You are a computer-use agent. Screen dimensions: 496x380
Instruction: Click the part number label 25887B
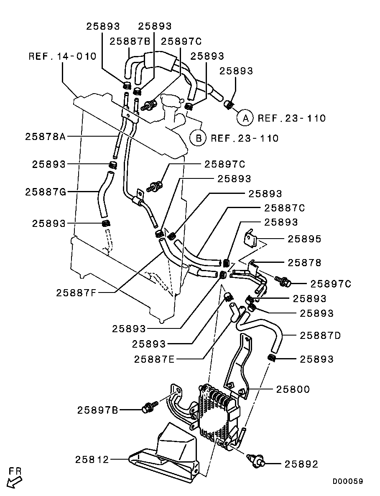[x=130, y=41]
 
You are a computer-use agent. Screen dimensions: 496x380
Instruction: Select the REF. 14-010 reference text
[x=62, y=56]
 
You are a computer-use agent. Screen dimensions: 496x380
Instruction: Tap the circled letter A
[x=245, y=118]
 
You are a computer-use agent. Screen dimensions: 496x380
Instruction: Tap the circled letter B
[x=198, y=138]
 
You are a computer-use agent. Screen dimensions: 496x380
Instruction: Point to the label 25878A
[x=45, y=136]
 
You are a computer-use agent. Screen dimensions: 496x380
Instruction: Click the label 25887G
[x=45, y=192]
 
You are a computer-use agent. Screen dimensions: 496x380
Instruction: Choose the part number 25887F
[x=76, y=293]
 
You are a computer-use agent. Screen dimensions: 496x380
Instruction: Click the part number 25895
[x=304, y=239]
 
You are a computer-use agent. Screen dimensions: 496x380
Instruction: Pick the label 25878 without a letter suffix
[x=304, y=262]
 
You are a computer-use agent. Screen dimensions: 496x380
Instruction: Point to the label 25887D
[x=321, y=335]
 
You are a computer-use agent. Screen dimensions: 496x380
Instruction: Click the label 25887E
[x=154, y=359]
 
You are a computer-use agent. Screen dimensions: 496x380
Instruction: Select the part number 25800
[x=293, y=389]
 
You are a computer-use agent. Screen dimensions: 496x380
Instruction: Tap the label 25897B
[x=97, y=410]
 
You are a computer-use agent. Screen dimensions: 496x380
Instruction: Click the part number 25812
[x=92, y=460]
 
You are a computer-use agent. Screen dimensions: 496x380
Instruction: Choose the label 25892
[x=301, y=464]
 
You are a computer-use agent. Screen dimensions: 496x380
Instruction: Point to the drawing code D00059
[x=348, y=481]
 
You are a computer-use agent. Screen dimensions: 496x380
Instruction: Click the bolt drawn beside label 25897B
[x=150, y=406]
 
